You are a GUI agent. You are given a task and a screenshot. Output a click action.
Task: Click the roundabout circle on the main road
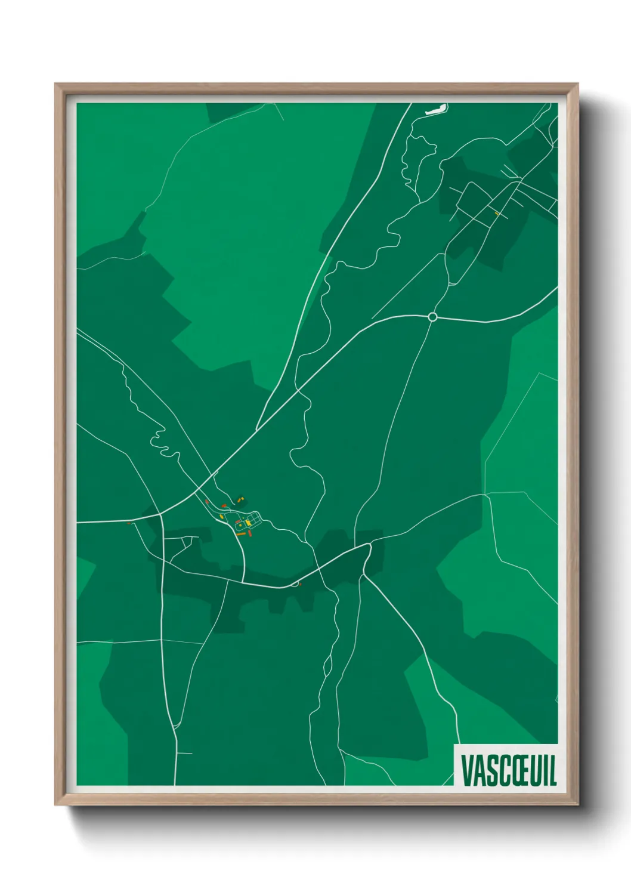[x=433, y=317]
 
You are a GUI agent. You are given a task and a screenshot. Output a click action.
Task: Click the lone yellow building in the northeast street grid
[x=496, y=212]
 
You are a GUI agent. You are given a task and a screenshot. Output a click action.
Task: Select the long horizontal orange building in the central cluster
[x=241, y=535]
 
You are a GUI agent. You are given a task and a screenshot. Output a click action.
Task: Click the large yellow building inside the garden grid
[x=248, y=523]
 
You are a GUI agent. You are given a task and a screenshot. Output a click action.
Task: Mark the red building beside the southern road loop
[x=300, y=584]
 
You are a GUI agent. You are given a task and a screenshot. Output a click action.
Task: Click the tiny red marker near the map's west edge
[x=129, y=523]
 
